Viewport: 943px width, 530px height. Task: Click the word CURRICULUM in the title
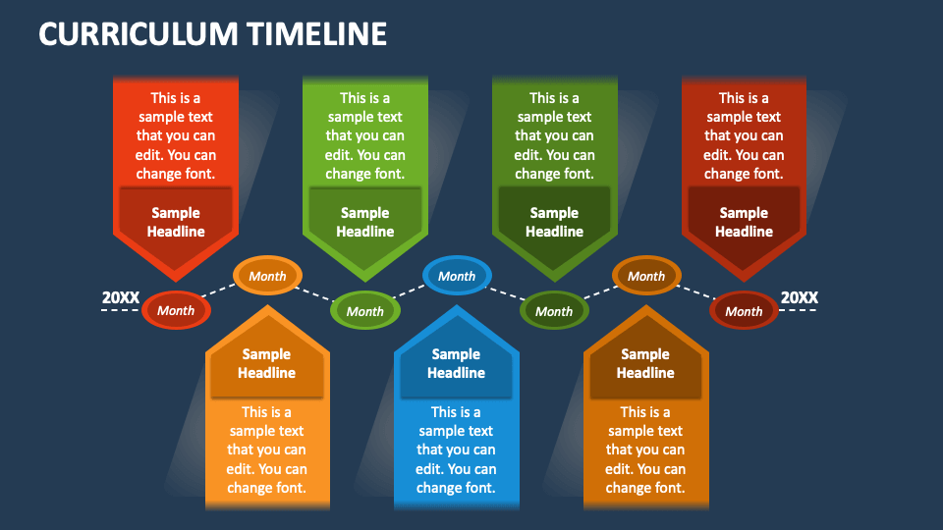(139, 33)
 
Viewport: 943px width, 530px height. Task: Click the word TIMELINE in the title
(317, 33)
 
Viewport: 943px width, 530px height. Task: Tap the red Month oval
(176, 311)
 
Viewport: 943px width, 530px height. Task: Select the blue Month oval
(457, 276)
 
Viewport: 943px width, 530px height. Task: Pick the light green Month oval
(365, 311)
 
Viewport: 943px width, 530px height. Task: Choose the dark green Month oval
(554, 311)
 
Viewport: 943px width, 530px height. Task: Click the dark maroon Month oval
(744, 311)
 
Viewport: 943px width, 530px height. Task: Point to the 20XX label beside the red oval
(120, 297)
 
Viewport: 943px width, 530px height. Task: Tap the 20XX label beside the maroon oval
(800, 297)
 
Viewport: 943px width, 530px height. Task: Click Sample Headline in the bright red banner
(176, 223)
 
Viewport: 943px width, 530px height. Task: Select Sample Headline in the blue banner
(456, 363)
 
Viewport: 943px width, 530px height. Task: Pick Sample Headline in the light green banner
(365, 223)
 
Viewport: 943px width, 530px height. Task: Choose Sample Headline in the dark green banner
(554, 223)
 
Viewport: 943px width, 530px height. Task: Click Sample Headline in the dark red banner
(744, 223)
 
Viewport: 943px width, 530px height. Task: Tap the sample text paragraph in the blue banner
(456, 450)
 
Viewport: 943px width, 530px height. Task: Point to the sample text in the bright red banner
(176, 135)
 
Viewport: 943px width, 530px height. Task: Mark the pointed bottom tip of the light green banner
(365, 282)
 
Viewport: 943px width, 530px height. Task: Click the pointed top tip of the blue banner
(457, 305)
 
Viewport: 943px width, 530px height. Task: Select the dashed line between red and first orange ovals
(218, 291)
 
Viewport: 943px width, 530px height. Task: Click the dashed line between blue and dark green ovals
(506, 293)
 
